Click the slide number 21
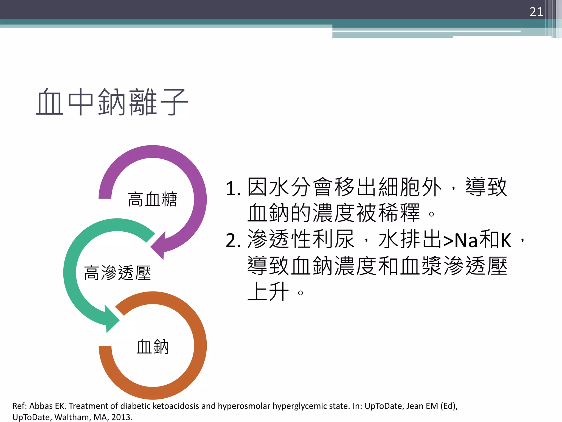536,12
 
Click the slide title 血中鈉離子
112,102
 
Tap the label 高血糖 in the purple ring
153,199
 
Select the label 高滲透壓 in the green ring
117,273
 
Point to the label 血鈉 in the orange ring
153,346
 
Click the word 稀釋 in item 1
399,213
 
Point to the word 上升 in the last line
268,292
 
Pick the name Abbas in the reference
41,406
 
